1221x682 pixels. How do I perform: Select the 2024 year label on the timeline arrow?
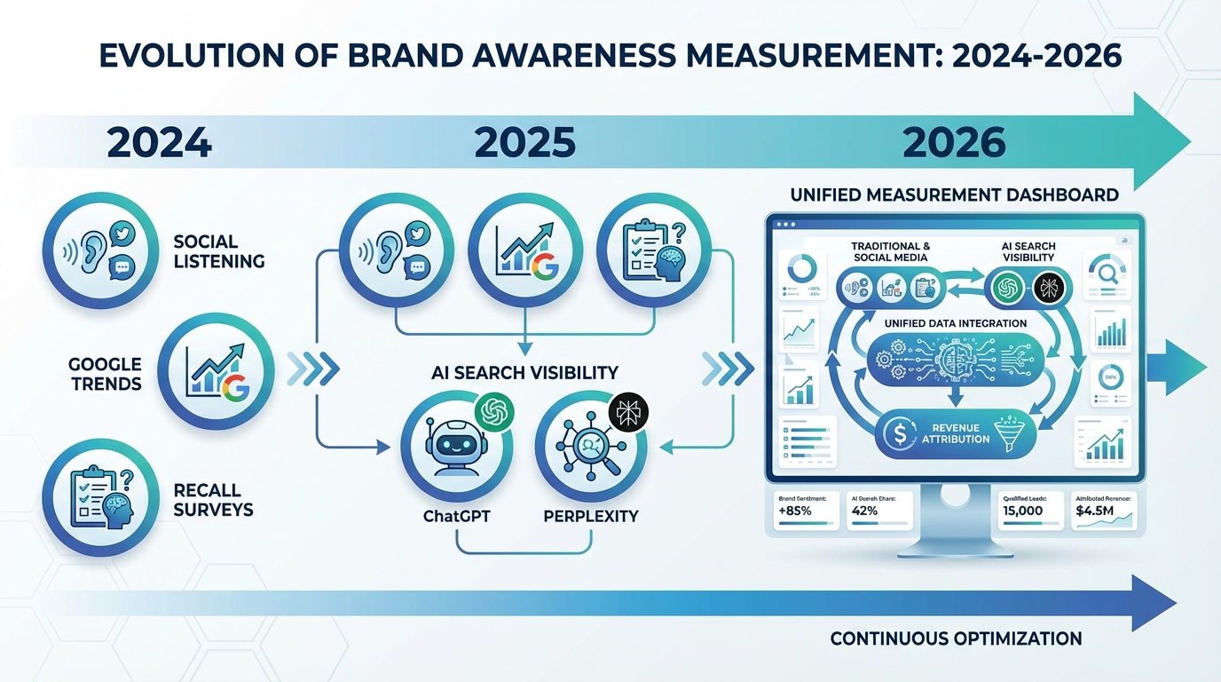click(159, 142)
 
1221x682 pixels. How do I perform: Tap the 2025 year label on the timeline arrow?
click(525, 142)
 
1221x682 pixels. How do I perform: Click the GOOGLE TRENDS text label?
click(105, 374)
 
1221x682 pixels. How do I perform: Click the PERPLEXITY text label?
click(590, 516)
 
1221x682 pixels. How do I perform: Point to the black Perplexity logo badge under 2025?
click(628, 411)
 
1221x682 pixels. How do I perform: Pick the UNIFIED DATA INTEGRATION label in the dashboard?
click(956, 323)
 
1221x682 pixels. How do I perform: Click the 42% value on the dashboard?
click(864, 511)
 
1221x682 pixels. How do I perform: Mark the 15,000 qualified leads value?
click(1022, 511)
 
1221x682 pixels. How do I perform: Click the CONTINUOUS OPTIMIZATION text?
click(956, 638)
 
